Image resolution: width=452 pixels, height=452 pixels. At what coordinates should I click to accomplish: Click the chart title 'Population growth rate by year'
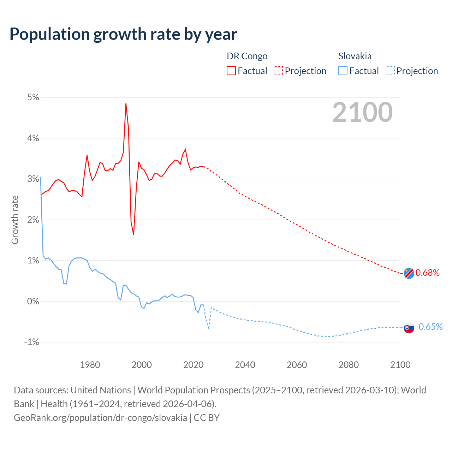tap(123, 34)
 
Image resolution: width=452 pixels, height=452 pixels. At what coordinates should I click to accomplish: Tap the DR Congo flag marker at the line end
tap(409, 273)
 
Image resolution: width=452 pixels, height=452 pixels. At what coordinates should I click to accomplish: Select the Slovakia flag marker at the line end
tap(409, 327)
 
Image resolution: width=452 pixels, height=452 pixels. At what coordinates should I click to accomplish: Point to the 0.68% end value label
tap(428, 273)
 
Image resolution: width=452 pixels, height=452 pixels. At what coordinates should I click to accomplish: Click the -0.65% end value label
tap(429, 327)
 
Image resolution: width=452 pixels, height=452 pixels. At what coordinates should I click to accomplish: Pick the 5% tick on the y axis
tap(33, 97)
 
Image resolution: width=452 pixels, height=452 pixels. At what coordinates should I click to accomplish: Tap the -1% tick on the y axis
tap(32, 342)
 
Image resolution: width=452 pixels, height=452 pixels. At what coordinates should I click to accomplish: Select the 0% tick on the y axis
tap(33, 301)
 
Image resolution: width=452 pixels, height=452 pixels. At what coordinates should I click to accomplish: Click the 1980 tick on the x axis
tap(90, 365)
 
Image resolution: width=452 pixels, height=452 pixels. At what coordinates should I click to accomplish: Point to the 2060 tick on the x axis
tap(297, 365)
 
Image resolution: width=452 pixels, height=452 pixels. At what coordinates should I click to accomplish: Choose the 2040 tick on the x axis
tap(245, 365)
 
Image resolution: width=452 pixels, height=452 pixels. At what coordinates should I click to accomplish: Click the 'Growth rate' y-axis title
tap(15, 220)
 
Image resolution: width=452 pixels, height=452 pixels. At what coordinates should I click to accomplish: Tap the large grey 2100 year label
tap(362, 112)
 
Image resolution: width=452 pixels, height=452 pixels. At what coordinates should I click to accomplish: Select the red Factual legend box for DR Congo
tap(231, 71)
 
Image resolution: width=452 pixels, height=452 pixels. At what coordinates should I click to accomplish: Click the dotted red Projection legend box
tap(278, 71)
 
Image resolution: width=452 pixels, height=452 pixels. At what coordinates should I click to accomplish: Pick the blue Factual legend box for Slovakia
tap(343, 71)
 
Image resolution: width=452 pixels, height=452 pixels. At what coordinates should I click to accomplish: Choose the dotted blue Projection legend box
tap(390, 71)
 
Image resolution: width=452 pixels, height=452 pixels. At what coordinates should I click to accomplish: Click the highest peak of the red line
tap(126, 104)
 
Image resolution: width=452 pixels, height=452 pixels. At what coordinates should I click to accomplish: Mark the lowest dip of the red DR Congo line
tap(133, 234)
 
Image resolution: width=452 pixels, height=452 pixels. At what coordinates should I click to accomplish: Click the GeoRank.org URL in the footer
tap(100, 417)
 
